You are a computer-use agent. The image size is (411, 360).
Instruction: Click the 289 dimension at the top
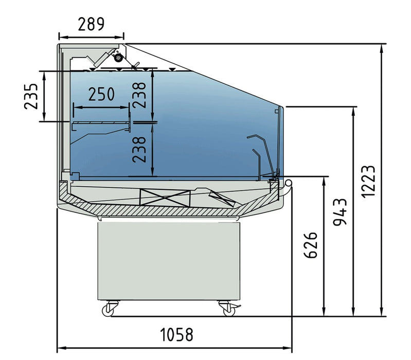click(x=91, y=23)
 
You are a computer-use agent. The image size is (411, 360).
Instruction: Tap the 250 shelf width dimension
click(x=101, y=94)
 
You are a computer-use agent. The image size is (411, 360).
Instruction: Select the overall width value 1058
click(x=176, y=335)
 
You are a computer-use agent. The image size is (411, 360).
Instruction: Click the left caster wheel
click(x=110, y=309)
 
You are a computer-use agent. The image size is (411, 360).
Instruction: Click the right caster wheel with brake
click(x=227, y=309)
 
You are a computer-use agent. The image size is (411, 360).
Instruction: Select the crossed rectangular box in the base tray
click(x=162, y=196)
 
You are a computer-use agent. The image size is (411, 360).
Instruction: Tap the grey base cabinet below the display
click(x=169, y=260)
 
